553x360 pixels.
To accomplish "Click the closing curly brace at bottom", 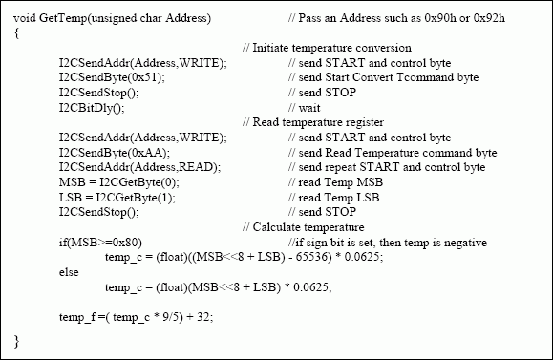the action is pos(17,340).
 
